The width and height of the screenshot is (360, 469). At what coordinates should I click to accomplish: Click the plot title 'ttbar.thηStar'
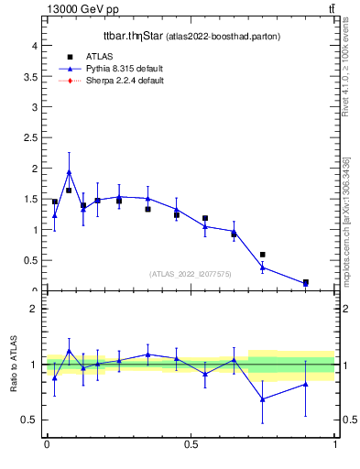[x=132, y=37]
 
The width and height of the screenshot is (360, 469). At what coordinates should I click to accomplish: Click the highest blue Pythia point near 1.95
[x=69, y=171]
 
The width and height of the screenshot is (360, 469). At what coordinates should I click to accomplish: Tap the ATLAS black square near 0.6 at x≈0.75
[x=263, y=255]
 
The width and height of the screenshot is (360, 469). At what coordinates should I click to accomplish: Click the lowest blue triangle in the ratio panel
[x=263, y=399]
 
